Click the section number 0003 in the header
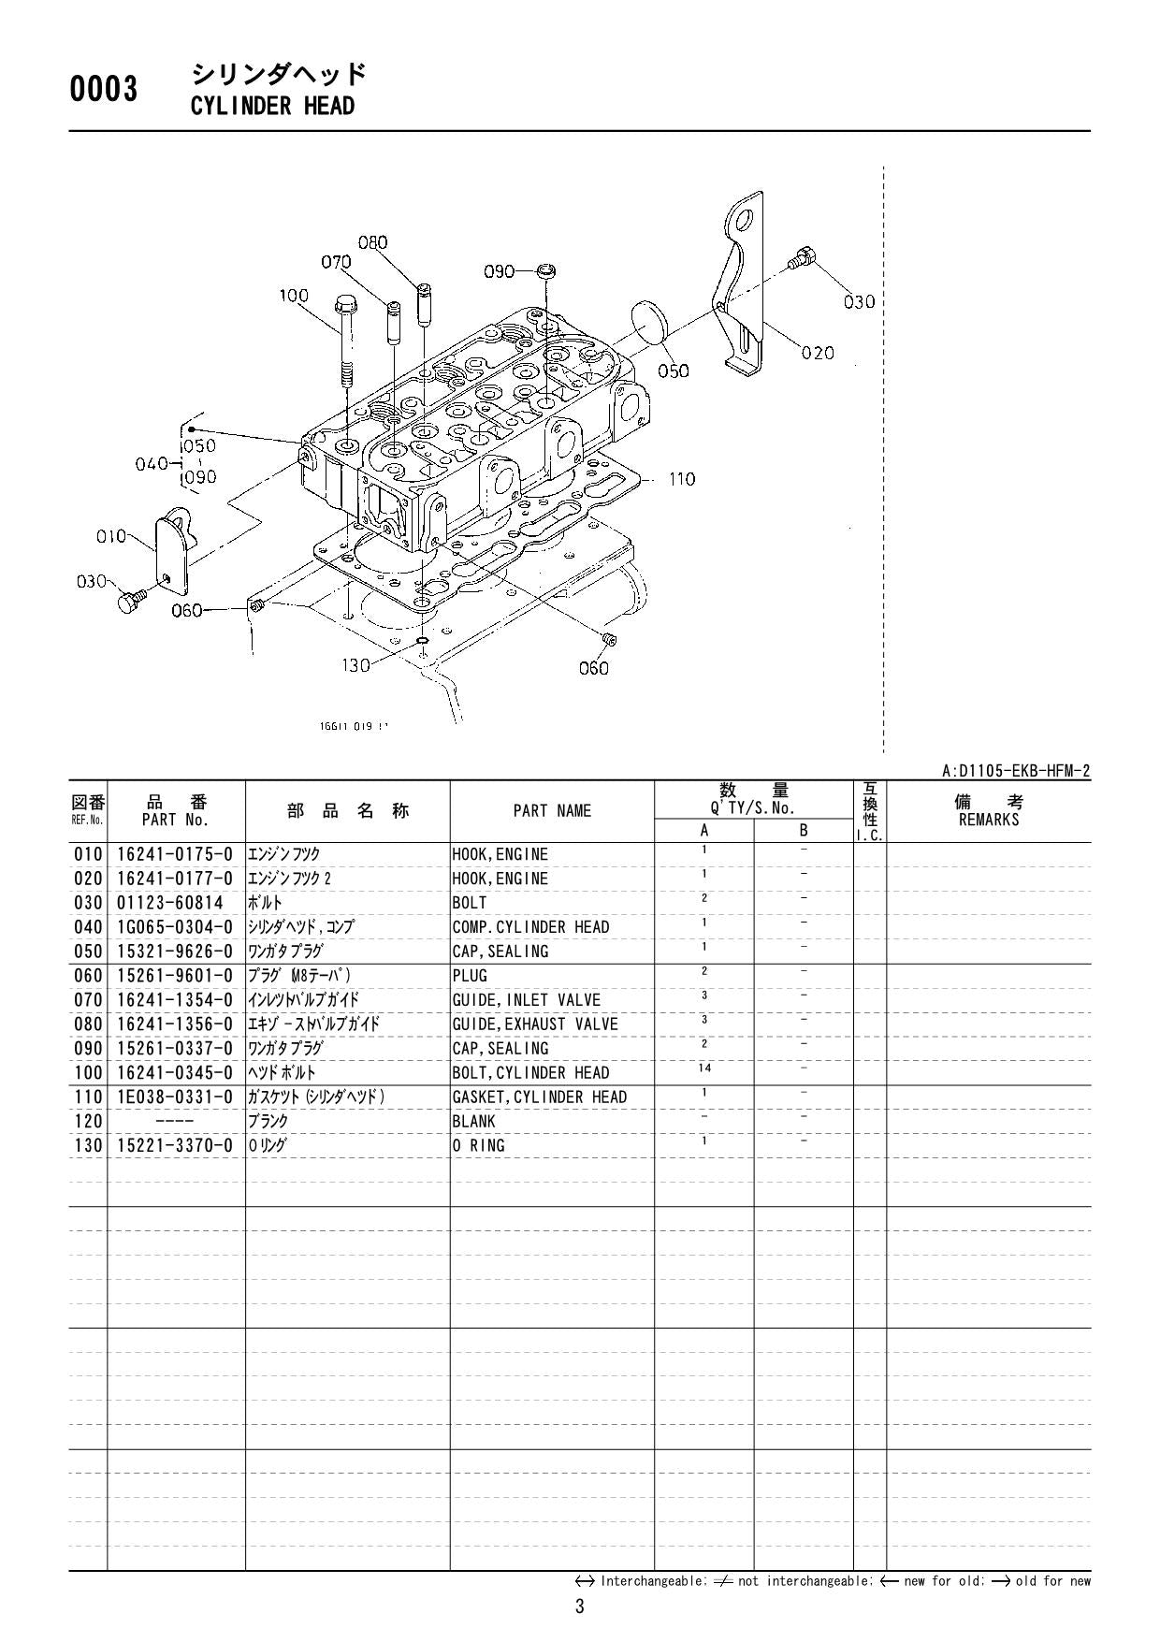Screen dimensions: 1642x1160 (104, 90)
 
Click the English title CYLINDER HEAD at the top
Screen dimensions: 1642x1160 (272, 106)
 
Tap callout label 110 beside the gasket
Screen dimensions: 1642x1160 (682, 479)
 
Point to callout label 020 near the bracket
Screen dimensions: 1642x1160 (818, 353)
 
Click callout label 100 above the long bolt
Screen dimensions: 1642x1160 (294, 296)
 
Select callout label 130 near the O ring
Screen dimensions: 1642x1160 (355, 665)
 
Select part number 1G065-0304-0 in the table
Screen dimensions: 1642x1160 (175, 927)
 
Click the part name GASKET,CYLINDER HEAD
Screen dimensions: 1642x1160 (539, 1097)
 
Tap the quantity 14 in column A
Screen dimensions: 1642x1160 (704, 1068)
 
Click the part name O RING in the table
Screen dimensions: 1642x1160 (478, 1146)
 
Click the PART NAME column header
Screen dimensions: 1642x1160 (552, 811)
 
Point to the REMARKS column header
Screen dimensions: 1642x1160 (988, 811)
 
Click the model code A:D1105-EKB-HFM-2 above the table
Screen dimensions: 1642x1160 (1015, 772)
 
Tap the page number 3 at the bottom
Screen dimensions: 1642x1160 (579, 1607)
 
